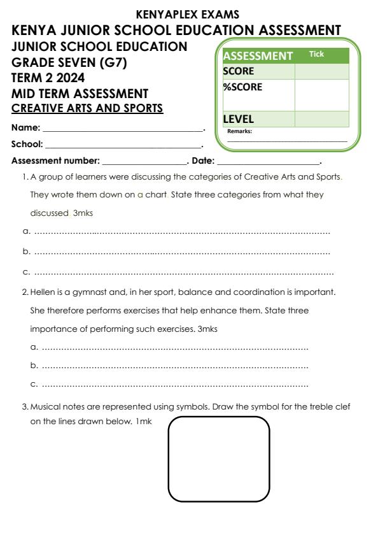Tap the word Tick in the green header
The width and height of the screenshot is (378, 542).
(316, 54)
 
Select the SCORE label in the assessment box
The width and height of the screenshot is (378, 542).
(239, 71)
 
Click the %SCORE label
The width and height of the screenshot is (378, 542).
(242, 87)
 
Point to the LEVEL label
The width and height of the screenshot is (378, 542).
(239, 118)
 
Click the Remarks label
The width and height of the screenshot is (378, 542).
(240, 131)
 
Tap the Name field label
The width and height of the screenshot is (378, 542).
(25, 128)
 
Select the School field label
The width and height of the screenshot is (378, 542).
(27, 144)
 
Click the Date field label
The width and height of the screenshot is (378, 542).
(202, 160)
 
